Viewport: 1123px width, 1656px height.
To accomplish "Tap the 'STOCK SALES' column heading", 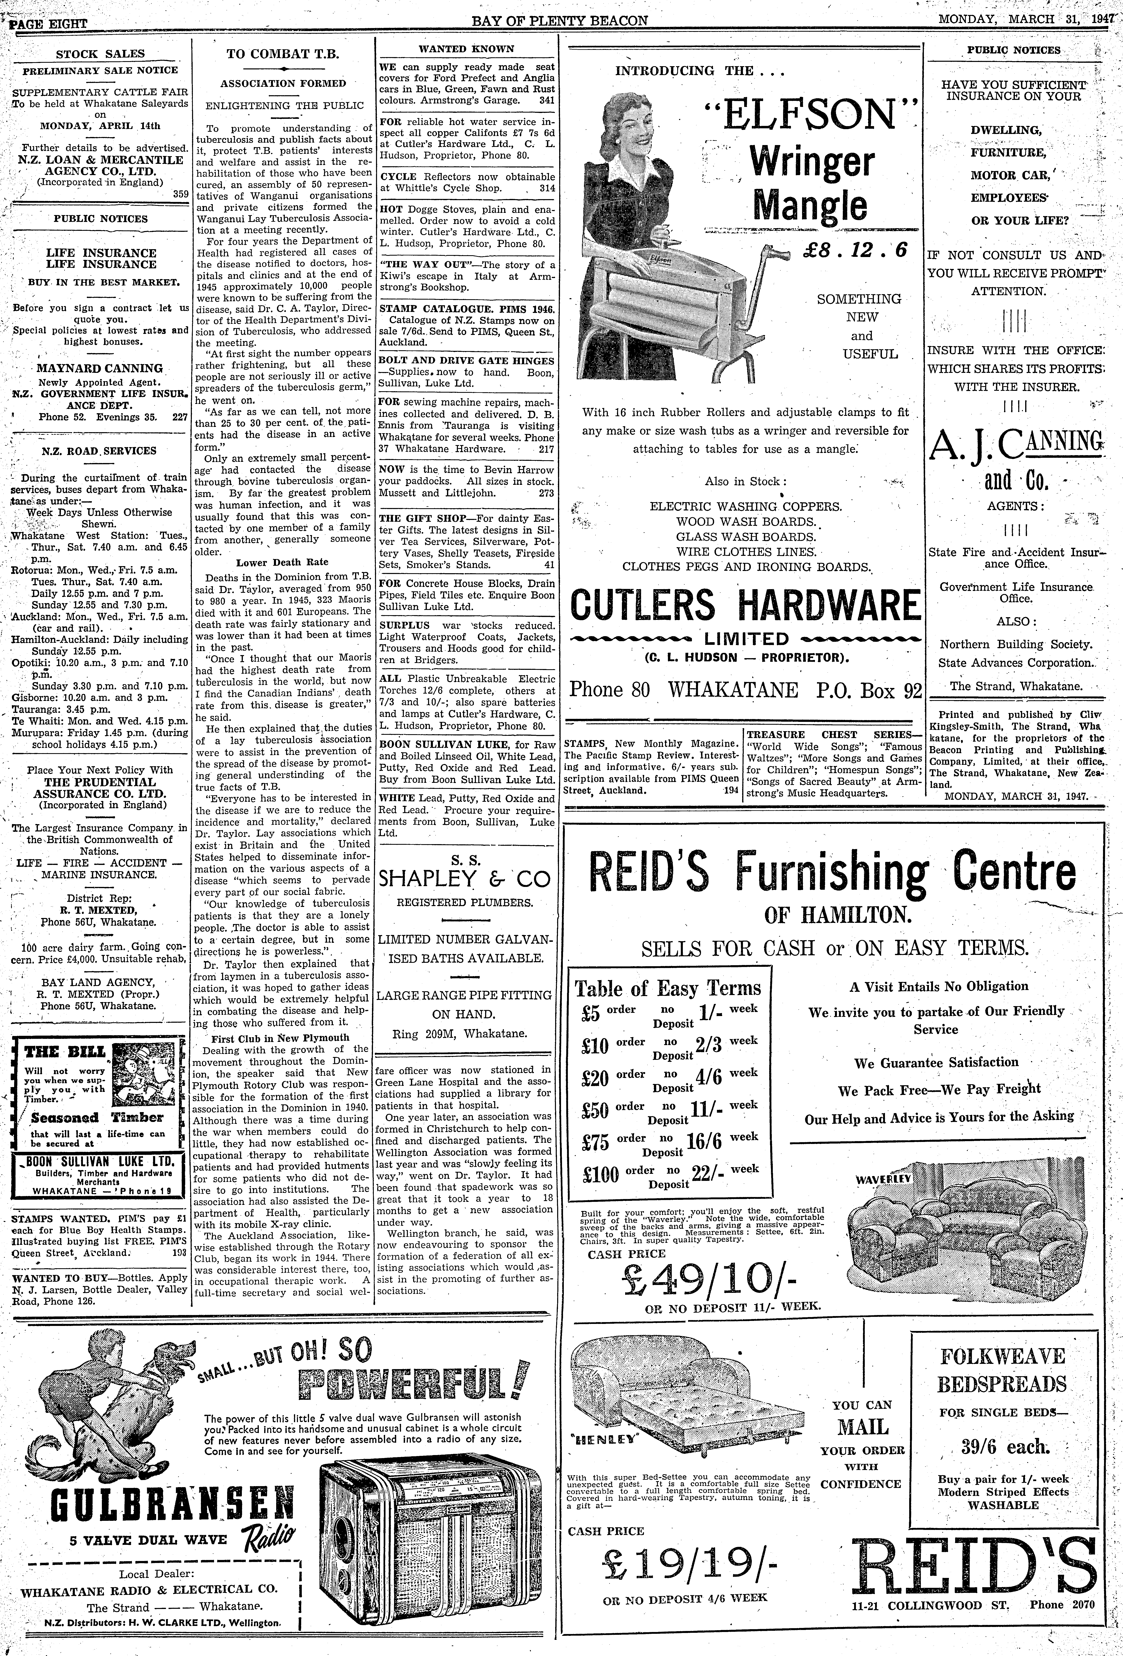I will [100, 53].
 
